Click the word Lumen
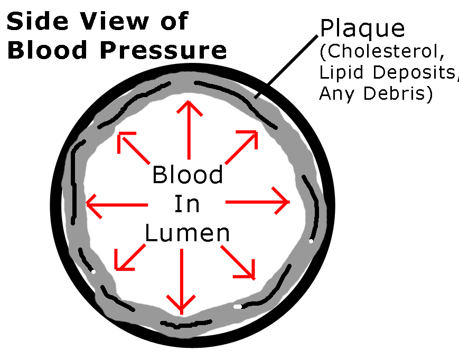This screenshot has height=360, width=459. (188, 233)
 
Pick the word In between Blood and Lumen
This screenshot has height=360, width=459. (188, 204)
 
